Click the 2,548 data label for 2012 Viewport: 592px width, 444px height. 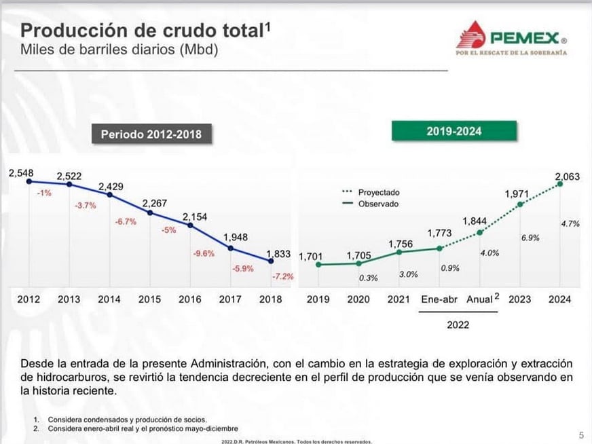21,174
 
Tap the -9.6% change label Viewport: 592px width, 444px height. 204,254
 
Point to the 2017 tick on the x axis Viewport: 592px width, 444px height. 230,299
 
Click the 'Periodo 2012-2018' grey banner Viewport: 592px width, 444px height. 151,134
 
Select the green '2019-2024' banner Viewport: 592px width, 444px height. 454,131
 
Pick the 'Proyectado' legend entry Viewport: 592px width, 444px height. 378,192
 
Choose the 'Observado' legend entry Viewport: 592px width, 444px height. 378,204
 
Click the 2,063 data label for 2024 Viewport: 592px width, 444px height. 568,178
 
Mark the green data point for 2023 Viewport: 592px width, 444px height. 521,204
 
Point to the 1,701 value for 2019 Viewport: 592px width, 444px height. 311,256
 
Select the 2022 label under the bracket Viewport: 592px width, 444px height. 458,325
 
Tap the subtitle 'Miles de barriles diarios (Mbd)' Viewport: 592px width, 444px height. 119,50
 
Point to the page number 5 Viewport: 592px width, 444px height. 581,434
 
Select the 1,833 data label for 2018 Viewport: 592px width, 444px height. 278,254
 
